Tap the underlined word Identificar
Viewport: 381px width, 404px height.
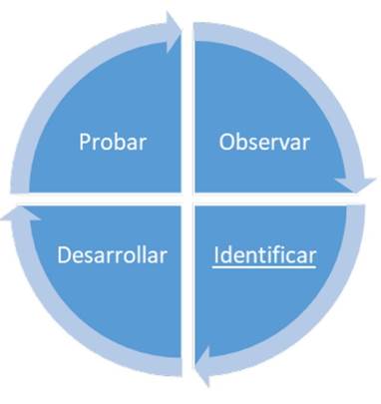click(x=264, y=254)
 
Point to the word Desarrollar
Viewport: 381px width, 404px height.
click(x=112, y=254)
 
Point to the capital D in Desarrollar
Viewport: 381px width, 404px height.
click(x=63, y=254)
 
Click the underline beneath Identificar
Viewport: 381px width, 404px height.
click(x=264, y=265)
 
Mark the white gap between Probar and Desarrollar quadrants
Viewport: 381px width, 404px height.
click(x=100, y=198)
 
